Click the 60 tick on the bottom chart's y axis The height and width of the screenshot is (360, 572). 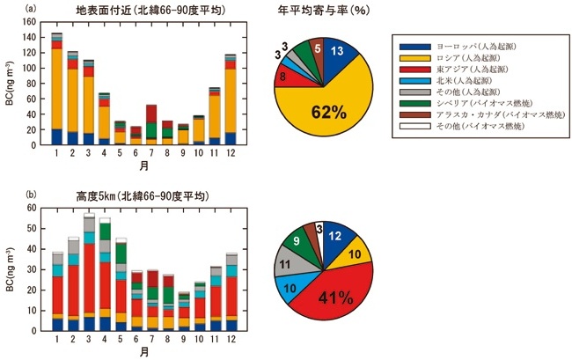(x=38, y=209)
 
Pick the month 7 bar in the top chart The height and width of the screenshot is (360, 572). (x=152, y=123)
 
